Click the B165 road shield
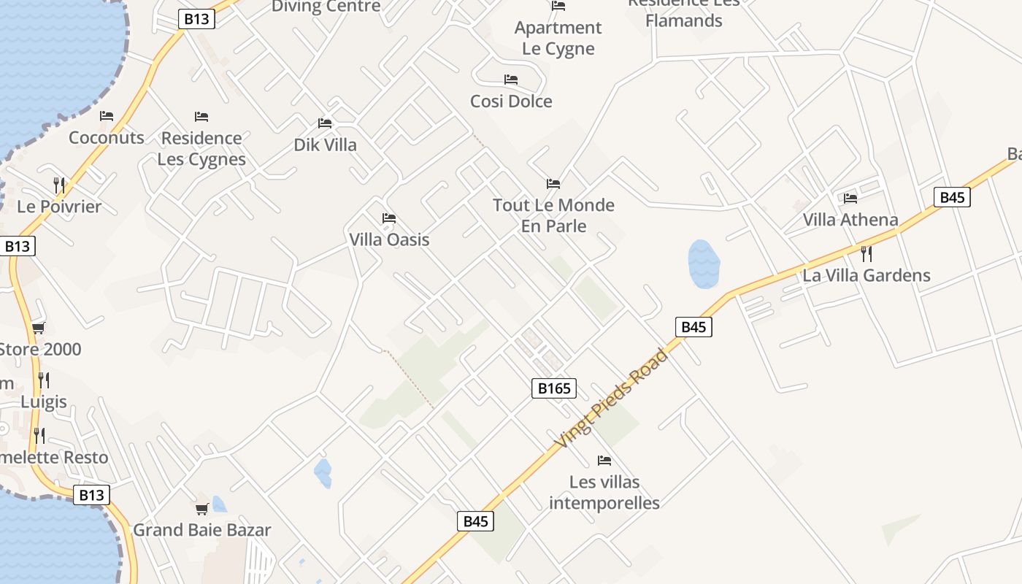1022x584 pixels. (x=554, y=388)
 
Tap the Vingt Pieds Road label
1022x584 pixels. (x=612, y=399)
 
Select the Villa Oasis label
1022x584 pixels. (x=389, y=239)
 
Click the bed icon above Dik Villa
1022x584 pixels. (x=325, y=123)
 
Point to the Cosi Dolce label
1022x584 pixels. (x=511, y=101)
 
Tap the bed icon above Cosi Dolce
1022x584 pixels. (x=511, y=80)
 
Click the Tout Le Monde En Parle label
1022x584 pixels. (x=553, y=215)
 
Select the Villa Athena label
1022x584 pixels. (x=850, y=219)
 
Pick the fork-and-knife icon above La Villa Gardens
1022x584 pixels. (x=867, y=254)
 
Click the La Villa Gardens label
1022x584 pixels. (x=867, y=275)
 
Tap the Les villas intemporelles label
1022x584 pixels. (x=604, y=492)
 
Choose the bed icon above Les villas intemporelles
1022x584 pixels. (x=604, y=461)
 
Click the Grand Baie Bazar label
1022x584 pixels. (x=201, y=530)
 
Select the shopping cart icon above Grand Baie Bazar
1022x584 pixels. (x=201, y=509)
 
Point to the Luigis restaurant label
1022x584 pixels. (x=44, y=401)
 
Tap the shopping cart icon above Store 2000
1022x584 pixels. (x=38, y=328)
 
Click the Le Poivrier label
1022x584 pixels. (x=59, y=206)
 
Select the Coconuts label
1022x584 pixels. (x=107, y=137)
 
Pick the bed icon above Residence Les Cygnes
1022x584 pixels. (x=201, y=117)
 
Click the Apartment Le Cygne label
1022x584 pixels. (x=558, y=38)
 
